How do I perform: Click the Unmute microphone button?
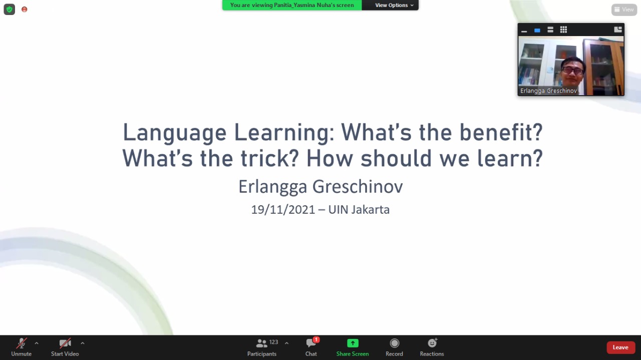[21, 347]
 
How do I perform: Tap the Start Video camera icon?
[65, 343]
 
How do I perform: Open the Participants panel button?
[262, 347]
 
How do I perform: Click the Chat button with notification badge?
[311, 347]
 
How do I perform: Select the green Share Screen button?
[353, 347]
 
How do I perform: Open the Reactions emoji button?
[432, 347]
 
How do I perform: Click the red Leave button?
[620, 347]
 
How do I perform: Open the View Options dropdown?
[394, 5]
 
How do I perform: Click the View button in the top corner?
[624, 10]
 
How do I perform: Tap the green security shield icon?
[10, 10]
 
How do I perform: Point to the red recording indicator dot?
[25, 10]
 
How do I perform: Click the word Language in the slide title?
[175, 133]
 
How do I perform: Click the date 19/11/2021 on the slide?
[283, 210]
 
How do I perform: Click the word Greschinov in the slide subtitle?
[358, 187]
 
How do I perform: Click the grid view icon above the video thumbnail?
[563, 30]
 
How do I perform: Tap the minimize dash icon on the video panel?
[524, 31]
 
